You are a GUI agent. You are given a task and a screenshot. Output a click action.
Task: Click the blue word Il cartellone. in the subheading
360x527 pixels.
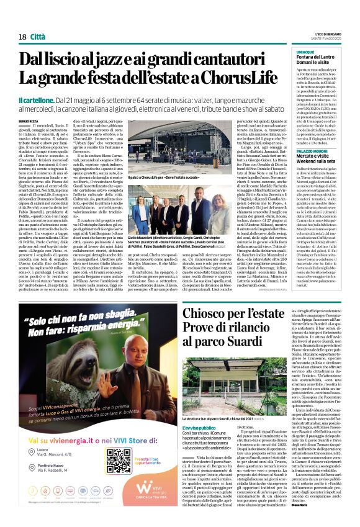pyautogui.click(x=37, y=101)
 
